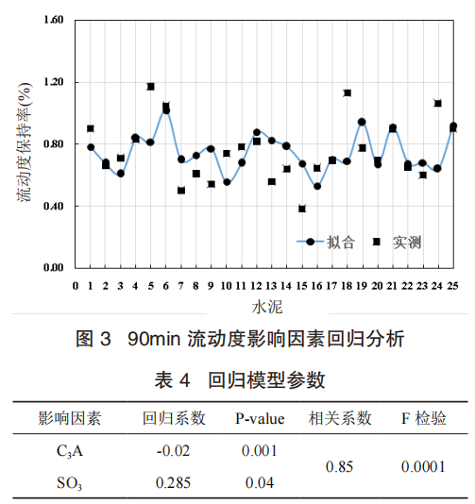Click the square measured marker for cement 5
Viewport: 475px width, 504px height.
click(150, 87)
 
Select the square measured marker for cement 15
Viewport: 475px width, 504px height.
click(301, 209)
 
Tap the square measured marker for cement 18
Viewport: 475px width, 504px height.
click(347, 92)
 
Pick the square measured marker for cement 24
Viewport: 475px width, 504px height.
click(437, 103)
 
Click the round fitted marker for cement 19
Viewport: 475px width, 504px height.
click(362, 122)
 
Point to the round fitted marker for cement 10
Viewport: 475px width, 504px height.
click(227, 182)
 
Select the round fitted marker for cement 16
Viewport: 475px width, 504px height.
click(317, 186)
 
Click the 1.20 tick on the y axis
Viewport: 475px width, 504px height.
click(54, 82)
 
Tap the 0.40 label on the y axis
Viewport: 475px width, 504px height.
click(54, 206)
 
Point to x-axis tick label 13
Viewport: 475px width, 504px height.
click(271, 286)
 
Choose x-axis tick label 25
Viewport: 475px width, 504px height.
click(452, 286)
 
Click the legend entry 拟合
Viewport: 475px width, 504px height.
click(326, 242)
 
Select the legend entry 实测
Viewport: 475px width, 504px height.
click(398, 242)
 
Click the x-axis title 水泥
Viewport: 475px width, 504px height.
click(267, 308)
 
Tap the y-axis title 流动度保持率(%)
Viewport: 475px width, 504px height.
click(25, 143)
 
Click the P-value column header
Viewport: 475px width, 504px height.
click(260, 418)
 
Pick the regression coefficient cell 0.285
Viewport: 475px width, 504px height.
click(174, 483)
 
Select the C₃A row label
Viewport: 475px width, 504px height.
click(70, 451)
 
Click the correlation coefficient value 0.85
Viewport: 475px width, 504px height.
click(339, 466)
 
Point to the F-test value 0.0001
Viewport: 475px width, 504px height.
click(423, 466)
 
